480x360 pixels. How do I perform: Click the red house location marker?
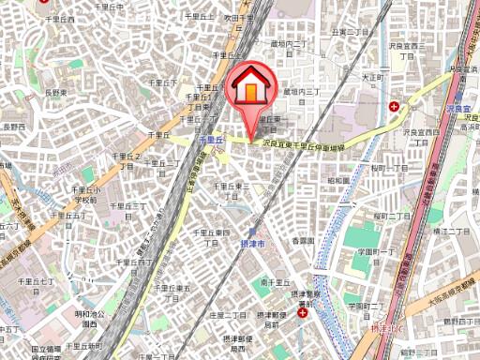click(253, 88)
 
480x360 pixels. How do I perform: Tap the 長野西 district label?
click(12, 126)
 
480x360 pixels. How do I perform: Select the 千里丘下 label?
click(162, 82)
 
